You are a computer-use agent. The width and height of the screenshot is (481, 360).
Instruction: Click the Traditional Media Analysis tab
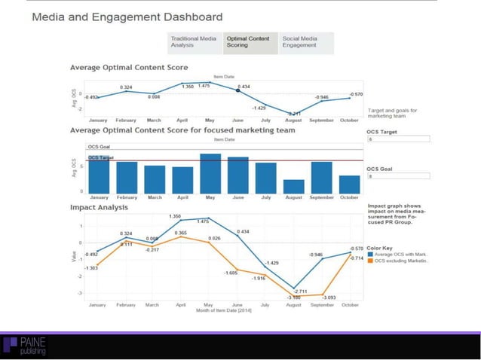[x=195, y=42]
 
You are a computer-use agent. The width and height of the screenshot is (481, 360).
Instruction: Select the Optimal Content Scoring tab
[x=250, y=42]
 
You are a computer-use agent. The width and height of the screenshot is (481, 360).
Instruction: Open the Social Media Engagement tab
[x=305, y=42]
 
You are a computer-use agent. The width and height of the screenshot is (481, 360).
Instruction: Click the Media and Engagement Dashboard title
[x=127, y=17]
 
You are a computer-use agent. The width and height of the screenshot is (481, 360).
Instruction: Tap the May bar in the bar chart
[x=210, y=173]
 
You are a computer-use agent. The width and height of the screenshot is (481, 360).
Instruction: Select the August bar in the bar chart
[x=293, y=186]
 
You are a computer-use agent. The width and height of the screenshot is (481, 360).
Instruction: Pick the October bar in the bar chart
[x=349, y=184]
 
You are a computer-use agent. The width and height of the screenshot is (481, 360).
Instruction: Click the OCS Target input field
[x=397, y=139]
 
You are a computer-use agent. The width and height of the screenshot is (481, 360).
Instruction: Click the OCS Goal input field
[x=397, y=176]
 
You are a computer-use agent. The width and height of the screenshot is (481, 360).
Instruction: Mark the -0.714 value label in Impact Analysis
[x=356, y=258]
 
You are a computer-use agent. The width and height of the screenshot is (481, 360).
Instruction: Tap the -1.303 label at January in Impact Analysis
[x=90, y=268]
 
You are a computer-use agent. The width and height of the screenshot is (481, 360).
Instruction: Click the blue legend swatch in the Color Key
[x=369, y=255]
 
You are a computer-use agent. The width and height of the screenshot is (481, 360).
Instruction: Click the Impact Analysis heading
[x=99, y=206]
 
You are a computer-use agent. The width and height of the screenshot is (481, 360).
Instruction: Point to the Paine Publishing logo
[x=27, y=346]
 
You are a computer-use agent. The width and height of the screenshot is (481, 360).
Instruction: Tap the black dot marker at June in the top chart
[x=238, y=90]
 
